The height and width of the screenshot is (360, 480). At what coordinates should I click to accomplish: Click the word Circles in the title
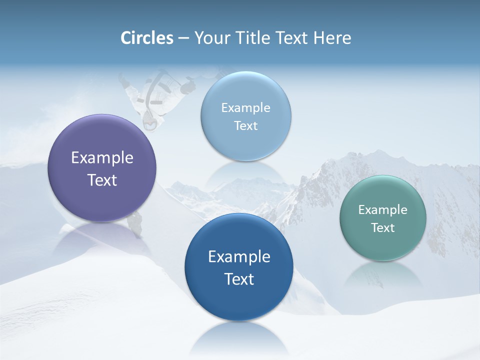pos(147,38)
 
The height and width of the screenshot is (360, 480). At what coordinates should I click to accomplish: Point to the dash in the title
pos(183,38)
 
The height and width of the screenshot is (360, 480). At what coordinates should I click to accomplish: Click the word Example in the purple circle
pos(102,158)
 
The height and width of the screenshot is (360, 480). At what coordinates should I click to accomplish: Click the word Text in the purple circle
pos(102,180)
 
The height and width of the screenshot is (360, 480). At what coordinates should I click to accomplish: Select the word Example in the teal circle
pos(383,210)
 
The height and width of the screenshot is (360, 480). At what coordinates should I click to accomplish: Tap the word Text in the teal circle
pos(383,228)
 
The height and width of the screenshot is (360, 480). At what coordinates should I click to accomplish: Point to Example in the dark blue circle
pos(239,257)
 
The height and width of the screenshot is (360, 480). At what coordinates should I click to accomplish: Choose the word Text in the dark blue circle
pos(239,279)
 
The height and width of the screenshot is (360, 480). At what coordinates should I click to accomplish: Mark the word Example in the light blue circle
pos(245,108)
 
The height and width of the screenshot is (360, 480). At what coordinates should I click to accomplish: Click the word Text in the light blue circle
pos(245,126)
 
